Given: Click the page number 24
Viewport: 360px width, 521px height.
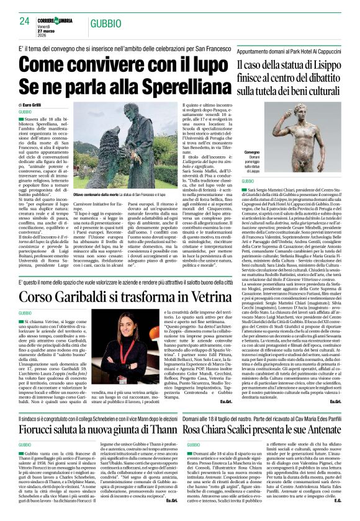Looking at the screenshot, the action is pyautogui.click(x=24, y=21).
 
